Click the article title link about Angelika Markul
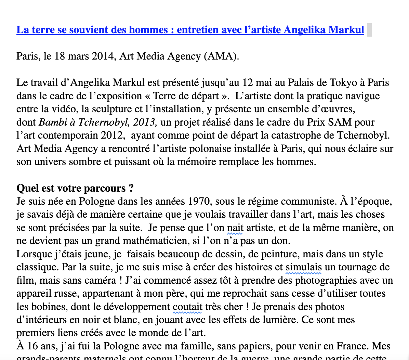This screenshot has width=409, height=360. (x=190, y=30)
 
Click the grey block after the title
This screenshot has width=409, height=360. (x=369, y=30)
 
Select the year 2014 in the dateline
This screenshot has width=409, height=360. (x=103, y=56)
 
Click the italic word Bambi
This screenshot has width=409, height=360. (x=50, y=122)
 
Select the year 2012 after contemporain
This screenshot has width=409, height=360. (x=111, y=135)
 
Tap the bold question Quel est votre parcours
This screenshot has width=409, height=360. (x=75, y=188)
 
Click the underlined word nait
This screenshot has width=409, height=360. (x=235, y=228)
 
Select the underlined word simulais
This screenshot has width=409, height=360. (x=303, y=267)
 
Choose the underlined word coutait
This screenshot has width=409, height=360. (x=187, y=307)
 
